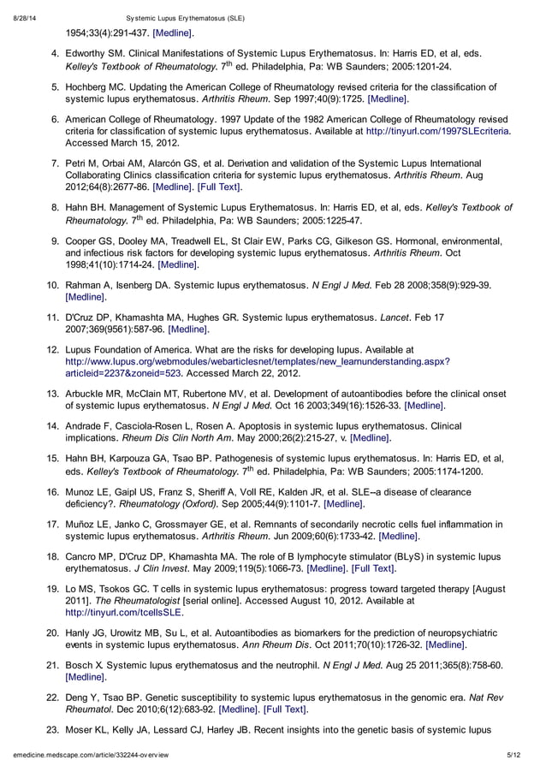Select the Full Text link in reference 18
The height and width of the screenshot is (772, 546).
374,567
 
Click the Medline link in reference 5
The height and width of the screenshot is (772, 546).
388,99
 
